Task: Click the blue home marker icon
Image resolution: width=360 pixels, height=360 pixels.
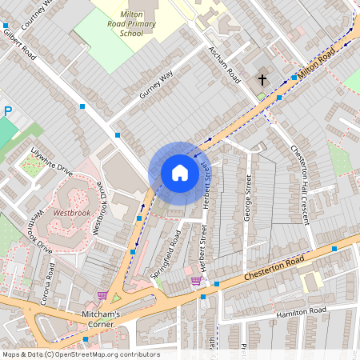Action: click(x=180, y=172)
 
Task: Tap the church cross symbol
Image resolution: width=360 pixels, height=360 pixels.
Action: click(x=262, y=79)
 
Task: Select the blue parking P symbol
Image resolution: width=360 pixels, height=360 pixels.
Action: click(x=7, y=113)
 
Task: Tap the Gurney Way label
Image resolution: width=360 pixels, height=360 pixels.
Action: click(x=156, y=85)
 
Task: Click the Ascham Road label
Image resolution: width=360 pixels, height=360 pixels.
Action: click(x=224, y=65)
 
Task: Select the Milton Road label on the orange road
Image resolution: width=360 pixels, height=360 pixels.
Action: click(x=316, y=63)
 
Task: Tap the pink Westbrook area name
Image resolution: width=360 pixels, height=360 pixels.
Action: click(x=71, y=214)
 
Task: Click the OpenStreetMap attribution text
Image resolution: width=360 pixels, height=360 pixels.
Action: click(x=80, y=354)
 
